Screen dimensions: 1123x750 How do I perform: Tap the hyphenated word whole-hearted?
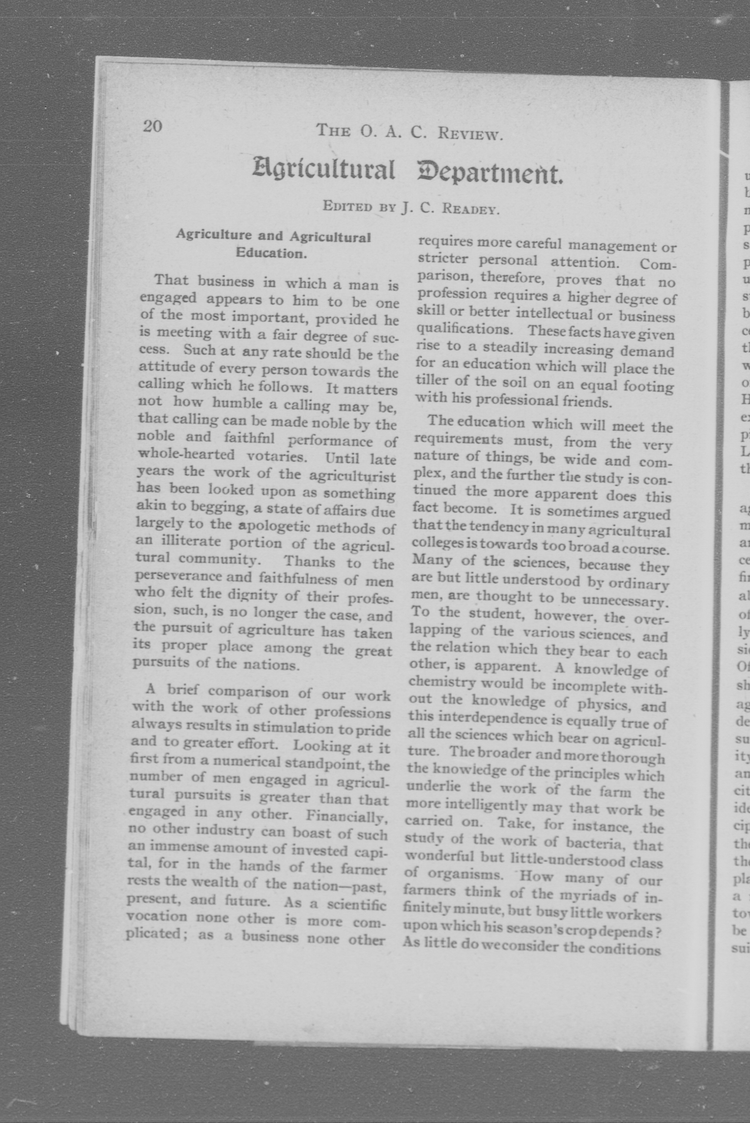coord(186,454)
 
